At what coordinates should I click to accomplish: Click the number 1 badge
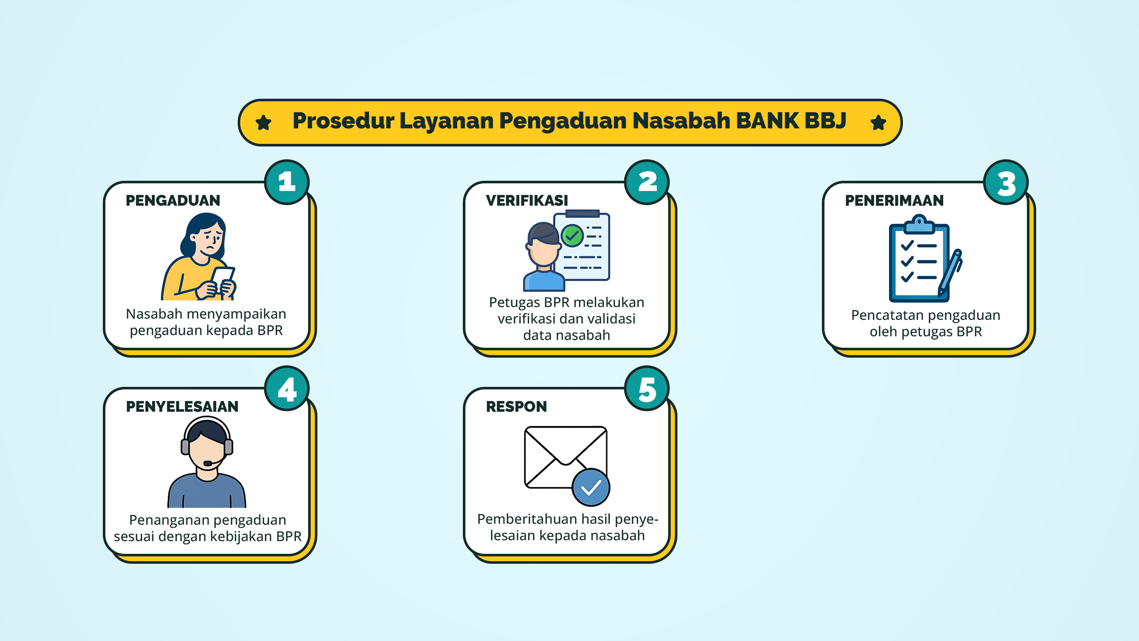click(287, 182)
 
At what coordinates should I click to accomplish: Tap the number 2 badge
click(647, 182)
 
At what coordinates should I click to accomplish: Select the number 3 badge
click(1006, 182)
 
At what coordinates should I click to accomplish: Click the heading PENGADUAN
click(173, 200)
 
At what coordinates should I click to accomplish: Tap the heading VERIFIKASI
click(527, 200)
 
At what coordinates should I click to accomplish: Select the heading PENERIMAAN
click(894, 200)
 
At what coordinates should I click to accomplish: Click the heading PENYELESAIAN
click(182, 406)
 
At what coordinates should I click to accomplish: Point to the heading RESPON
click(516, 406)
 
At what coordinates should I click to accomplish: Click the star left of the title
click(264, 122)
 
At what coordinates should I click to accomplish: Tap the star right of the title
click(878, 122)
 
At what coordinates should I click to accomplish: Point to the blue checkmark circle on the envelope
click(591, 487)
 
